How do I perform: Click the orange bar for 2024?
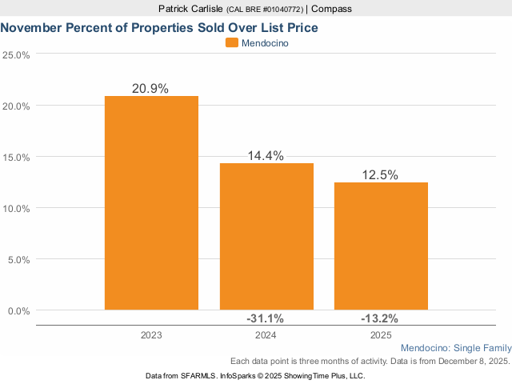(266, 236)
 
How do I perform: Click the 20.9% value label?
(150, 89)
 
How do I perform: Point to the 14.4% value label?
(266, 156)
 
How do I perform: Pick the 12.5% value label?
(380, 175)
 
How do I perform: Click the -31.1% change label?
(266, 319)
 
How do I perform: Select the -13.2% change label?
(381, 319)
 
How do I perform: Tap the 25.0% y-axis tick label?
(17, 55)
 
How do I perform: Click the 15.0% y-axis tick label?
(17, 158)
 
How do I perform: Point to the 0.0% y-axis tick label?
(19, 310)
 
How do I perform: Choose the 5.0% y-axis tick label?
(19, 259)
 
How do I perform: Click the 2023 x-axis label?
(150, 334)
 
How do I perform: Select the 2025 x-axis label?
(381, 334)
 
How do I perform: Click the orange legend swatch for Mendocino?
(232, 43)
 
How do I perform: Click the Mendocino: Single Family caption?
(454, 349)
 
